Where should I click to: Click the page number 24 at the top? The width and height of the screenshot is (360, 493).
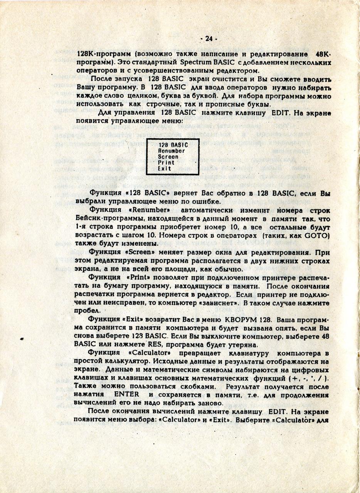pyautogui.click(x=209, y=39)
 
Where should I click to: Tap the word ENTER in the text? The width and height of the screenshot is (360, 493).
pyautogui.click(x=127, y=395)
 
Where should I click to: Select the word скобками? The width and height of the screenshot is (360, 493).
pyautogui.click(x=198, y=386)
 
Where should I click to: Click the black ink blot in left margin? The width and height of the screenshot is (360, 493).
pyautogui.click(x=22, y=339)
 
